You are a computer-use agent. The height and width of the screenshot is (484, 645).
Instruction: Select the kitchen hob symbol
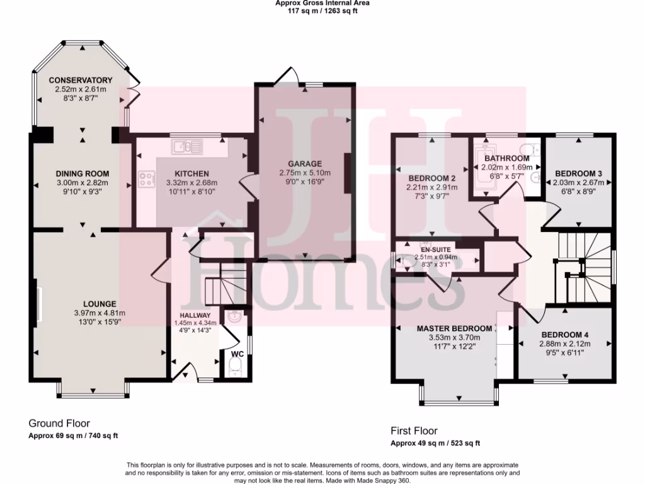click(x=147, y=179)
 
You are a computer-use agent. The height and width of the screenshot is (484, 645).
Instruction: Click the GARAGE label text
click(x=305, y=164)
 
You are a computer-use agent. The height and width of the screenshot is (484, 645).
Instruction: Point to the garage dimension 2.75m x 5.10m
click(x=305, y=173)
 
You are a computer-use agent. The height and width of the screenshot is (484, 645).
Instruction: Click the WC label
click(x=237, y=354)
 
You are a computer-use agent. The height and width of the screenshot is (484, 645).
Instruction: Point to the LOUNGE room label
click(x=98, y=304)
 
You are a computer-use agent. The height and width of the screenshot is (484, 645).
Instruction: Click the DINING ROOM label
click(x=82, y=174)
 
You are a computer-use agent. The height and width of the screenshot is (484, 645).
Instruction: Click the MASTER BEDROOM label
click(x=454, y=328)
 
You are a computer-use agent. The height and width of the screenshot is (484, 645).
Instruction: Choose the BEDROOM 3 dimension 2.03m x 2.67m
click(x=578, y=183)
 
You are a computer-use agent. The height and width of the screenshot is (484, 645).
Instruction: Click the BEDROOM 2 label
click(x=431, y=178)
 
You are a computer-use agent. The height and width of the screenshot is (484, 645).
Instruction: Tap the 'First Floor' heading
click(x=413, y=431)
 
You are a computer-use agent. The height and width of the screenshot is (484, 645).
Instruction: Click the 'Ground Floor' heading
click(x=59, y=423)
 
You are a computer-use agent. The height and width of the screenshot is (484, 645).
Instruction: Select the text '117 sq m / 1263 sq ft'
click(x=322, y=10)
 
